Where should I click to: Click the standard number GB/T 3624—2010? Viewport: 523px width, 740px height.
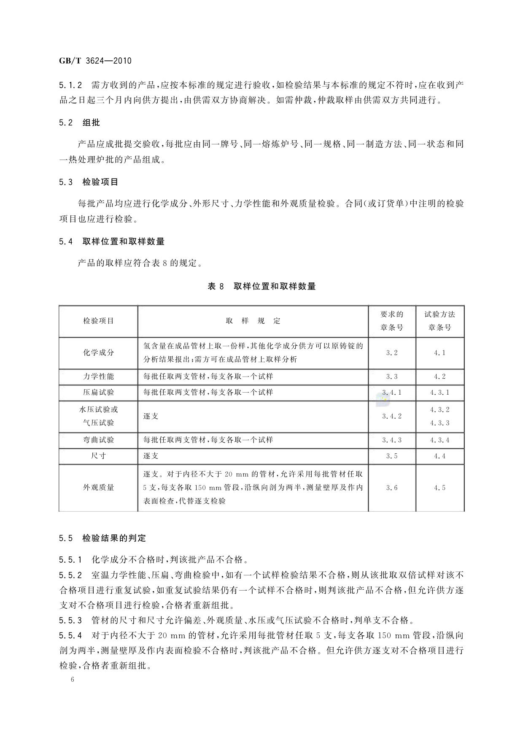[x=95, y=61]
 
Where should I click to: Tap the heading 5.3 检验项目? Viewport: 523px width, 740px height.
[x=89, y=182]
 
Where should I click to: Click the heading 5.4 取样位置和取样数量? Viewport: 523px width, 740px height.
[x=112, y=242]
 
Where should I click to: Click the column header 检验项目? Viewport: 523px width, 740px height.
[x=98, y=321]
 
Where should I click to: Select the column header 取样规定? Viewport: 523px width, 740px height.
[x=253, y=321]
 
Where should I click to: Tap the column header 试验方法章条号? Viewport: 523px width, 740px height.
[x=439, y=321]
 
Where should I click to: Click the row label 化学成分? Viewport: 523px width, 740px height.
[x=98, y=352]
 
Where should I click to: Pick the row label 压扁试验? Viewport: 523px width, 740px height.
[x=98, y=393]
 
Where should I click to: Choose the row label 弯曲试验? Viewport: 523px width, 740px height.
[x=98, y=440]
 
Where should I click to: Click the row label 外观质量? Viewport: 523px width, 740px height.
[x=98, y=488]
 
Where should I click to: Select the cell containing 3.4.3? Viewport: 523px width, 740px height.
[x=392, y=440]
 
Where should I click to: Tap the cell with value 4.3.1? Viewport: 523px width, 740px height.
[x=439, y=393]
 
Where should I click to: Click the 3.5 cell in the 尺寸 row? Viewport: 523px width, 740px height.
[x=392, y=456]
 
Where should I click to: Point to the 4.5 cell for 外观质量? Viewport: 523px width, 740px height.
[x=439, y=488]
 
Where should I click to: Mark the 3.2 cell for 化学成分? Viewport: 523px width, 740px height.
[x=392, y=352]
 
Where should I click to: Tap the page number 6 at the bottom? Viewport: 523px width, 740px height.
[x=73, y=680]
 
